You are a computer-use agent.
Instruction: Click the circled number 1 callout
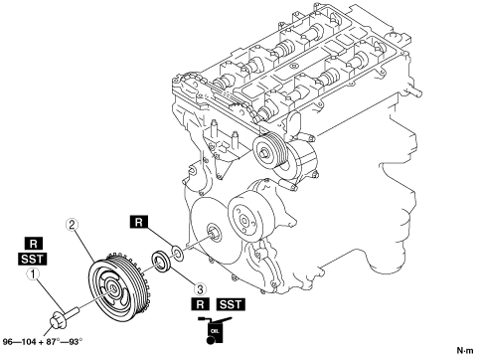point(33,274)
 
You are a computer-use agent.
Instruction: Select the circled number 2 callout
point(72,225)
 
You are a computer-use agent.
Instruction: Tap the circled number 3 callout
point(200,289)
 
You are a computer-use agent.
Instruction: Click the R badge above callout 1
point(34,244)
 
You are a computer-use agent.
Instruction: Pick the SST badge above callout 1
point(32,259)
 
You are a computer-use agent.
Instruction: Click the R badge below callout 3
point(200,304)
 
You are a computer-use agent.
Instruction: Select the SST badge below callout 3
point(231,304)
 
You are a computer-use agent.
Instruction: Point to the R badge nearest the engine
point(139,222)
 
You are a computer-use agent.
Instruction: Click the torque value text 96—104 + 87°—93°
point(42,342)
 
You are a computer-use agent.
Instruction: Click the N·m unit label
point(465,350)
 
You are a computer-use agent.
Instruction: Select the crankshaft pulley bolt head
point(58,321)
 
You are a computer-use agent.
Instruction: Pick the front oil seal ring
point(161,262)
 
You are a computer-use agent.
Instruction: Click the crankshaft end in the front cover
point(213,232)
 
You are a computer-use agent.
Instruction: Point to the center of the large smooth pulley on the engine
point(243,221)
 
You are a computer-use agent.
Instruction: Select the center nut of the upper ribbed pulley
point(264,153)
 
